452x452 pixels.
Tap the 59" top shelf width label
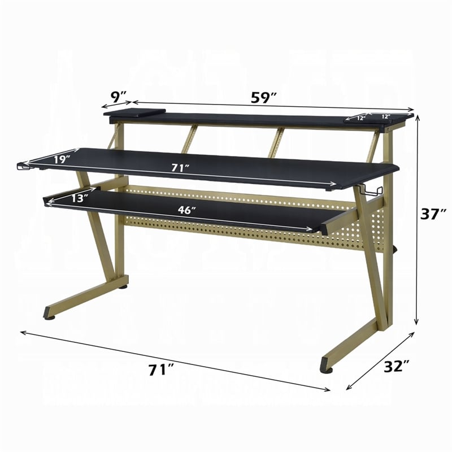point(264,97)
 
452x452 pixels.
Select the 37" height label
point(434,213)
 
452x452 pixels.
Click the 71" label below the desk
point(161,370)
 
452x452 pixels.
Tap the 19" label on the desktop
point(62,159)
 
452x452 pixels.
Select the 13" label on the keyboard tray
point(80,198)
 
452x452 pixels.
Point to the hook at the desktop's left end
point(23,166)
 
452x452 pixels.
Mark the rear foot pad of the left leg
point(123,287)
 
